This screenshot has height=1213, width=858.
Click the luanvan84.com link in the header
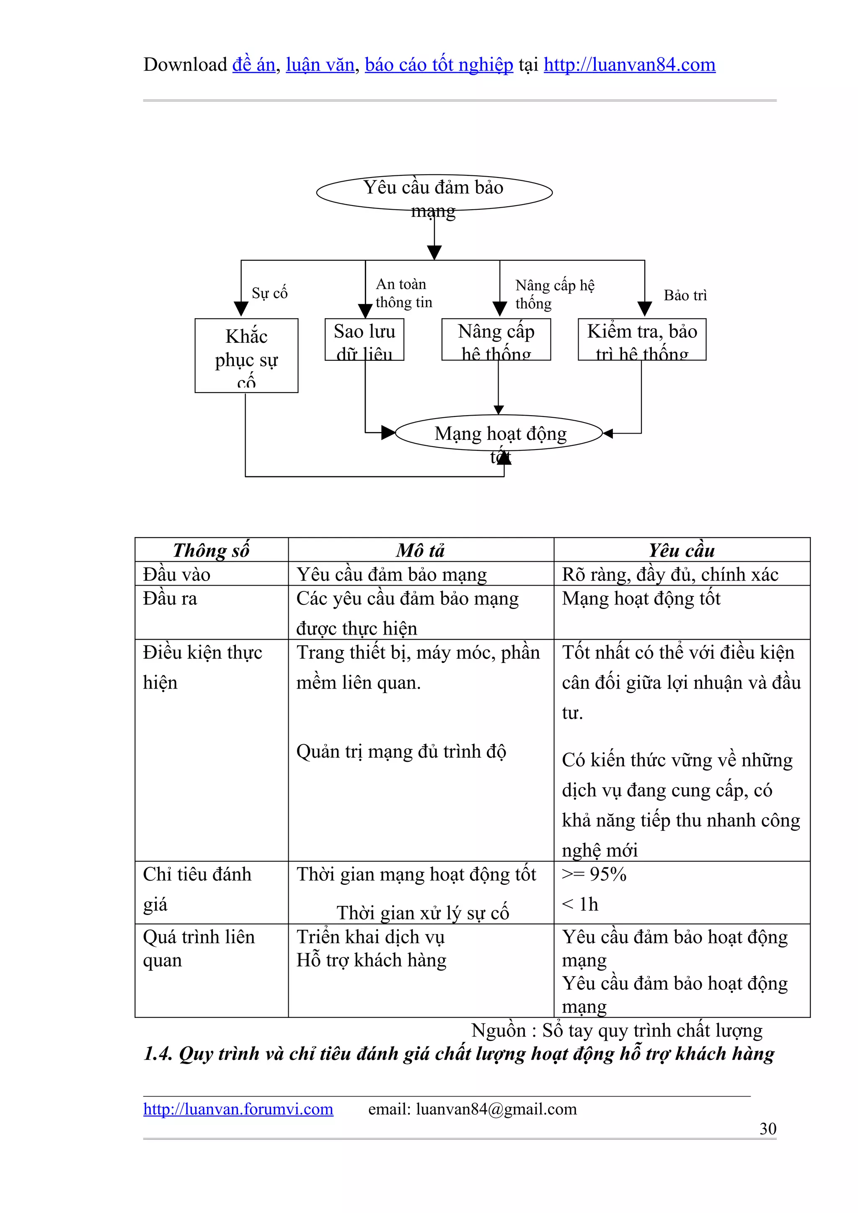(x=629, y=64)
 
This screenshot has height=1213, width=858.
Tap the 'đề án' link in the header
(x=254, y=64)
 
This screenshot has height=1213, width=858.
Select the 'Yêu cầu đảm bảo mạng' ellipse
(x=434, y=192)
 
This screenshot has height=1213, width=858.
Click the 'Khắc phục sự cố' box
(x=246, y=355)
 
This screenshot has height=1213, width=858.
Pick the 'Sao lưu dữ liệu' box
(x=364, y=340)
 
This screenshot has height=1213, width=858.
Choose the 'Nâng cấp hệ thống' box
(x=496, y=340)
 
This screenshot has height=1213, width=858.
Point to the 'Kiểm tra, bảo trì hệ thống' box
(x=642, y=340)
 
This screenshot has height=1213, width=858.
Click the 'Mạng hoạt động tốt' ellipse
(x=499, y=433)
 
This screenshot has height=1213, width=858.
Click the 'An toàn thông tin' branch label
(x=403, y=293)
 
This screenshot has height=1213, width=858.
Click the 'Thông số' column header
(x=211, y=550)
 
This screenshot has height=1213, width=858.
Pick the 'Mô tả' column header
(x=420, y=550)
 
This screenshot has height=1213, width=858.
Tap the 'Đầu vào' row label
(x=176, y=574)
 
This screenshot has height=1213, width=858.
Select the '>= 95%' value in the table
(x=594, y=874)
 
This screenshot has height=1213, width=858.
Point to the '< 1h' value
(x=580, y=905)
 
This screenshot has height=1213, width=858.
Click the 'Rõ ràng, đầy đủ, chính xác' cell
(x=670, y=574)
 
